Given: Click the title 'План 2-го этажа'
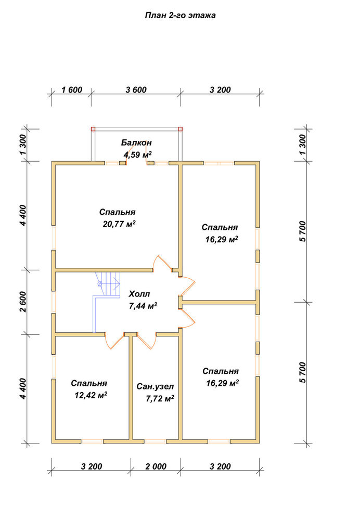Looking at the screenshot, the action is coord(180,15).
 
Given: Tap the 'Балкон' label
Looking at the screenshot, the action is coord(136,142).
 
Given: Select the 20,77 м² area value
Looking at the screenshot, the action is coord(119,224).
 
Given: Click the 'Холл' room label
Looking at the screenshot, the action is coord(139,294).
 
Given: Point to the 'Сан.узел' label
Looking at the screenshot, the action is coord(155,386).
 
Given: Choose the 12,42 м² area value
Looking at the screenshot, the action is coord(91,395).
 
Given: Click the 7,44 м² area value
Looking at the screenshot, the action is coord(143,306).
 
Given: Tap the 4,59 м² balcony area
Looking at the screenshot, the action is coord(138,154).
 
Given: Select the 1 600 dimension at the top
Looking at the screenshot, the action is coord(72,90).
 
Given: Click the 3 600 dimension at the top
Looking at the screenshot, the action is coord(136,90).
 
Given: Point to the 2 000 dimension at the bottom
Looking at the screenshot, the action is coord(156,466).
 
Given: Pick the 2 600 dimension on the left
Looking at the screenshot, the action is coord(22,302).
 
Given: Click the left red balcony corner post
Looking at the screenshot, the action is coord(93,129).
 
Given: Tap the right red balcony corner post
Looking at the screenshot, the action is coord(181,129).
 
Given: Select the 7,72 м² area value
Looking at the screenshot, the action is coord(160,398).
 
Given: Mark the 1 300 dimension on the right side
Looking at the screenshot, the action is coord(303,145).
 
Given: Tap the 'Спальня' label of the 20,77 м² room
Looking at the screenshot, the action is coord(117,212).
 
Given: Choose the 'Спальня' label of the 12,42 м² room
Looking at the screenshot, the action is coord(89,383).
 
